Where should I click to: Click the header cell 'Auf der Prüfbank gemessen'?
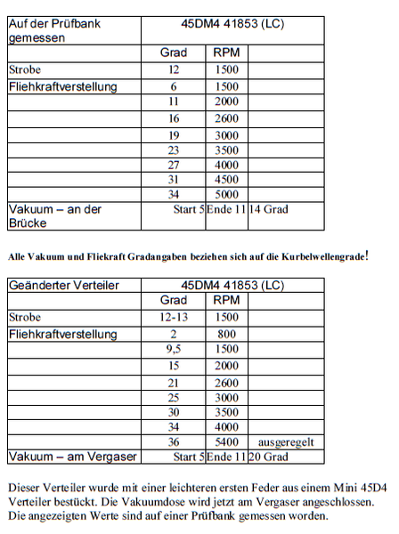(x=53, y=31)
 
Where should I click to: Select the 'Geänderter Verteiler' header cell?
(x=62, y=286)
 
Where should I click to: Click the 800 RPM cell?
(x=225, y=334)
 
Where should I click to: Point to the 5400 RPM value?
(x=225, y=441)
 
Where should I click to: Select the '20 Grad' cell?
(x=273, y=457)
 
